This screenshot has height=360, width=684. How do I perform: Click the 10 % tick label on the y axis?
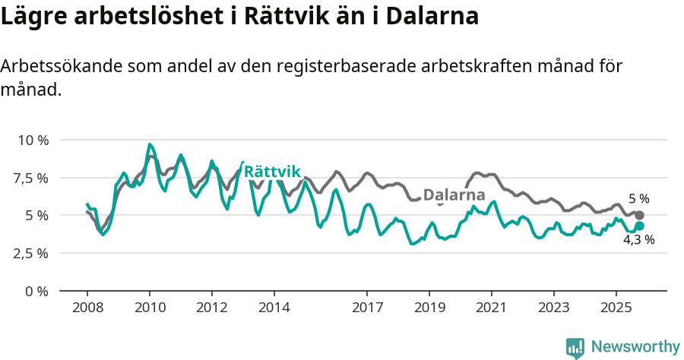(x=32, y=140)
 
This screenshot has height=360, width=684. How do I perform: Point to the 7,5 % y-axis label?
(x=32, y=178)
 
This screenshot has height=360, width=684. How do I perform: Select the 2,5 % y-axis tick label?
(x=32, y=253)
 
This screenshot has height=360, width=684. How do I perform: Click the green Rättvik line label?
(x=272, y=172)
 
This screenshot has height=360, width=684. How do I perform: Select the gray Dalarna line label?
(x=454, y=195)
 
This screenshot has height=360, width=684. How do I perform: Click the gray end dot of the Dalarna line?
(x=640, y=216)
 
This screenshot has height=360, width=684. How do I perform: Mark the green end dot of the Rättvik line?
(x=640, y=226)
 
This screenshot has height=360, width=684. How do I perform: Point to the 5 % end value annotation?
(x=638, y=199)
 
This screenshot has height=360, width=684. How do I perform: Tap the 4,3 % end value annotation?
(x=638, y=240)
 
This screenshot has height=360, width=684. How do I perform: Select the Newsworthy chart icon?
(x=575, y=348)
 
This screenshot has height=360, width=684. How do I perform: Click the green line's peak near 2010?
(x=150, y=144)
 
